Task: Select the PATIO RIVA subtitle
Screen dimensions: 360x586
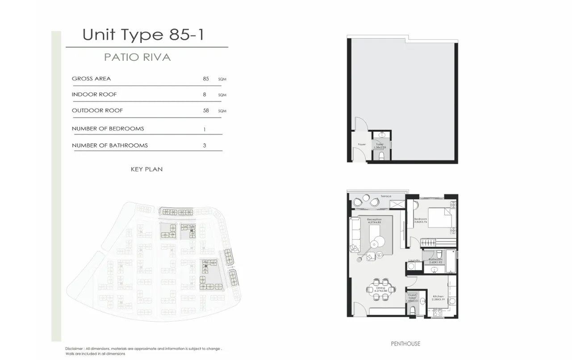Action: point(138,58)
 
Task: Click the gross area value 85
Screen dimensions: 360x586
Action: point(206,79)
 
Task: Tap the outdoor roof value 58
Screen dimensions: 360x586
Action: point(206,110)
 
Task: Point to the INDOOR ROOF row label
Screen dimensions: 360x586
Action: point(94,95)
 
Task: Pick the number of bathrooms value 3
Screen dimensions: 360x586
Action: point(205,145)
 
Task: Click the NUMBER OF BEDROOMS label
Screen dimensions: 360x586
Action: point(108,129)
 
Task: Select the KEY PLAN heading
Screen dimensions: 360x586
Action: point(146,169)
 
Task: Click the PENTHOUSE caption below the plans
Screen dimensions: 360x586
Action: point(406,343)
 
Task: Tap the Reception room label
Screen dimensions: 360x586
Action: point(374,220)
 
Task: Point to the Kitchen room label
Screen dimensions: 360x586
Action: point(438,297)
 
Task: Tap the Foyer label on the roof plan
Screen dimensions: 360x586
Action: point(361,145)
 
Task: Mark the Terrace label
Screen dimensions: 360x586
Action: point(386,197)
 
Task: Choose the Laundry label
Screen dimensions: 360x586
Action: point(414,260)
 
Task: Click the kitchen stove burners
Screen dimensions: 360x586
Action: point(437,313)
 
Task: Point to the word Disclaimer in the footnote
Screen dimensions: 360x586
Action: point(74,349)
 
